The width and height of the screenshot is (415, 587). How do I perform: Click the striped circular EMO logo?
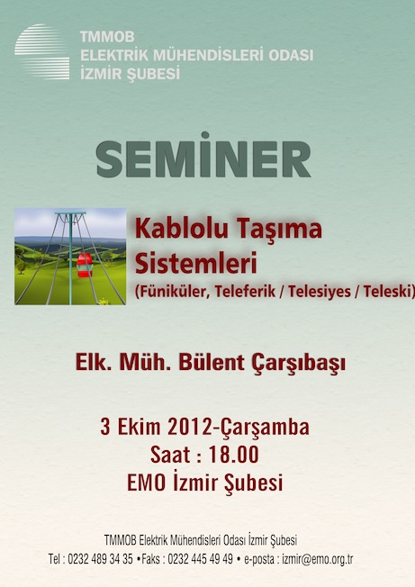(42, 51)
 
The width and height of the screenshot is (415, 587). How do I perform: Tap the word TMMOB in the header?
(107, 37)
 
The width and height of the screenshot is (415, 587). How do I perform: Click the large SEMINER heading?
(203, 156)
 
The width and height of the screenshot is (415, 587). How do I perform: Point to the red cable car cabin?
(85, 265)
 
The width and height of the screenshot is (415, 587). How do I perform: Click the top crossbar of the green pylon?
(70, 213)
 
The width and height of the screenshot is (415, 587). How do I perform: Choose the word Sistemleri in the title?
(195, 263)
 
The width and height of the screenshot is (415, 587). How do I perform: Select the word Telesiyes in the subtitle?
(320, 292)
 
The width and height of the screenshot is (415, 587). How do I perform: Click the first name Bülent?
(212, 363)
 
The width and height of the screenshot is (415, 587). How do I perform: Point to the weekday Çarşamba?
(266, 428)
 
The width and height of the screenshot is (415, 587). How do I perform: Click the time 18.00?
(233, 455)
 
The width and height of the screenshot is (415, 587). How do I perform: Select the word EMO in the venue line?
(147, 483)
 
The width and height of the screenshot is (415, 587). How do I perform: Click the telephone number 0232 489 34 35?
(100, 559)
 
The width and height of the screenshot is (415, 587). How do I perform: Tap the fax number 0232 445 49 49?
(200, 559)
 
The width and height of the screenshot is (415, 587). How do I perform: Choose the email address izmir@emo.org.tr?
(318, 559)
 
